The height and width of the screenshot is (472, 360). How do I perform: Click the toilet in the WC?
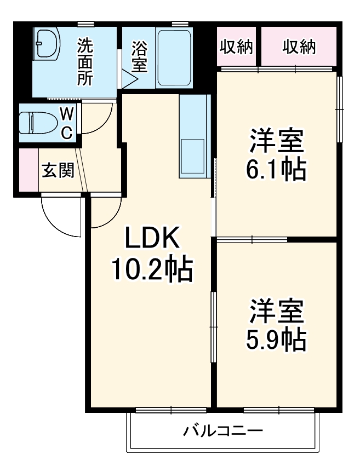tap(35, 123)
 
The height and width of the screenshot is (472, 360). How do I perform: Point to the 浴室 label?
tap(139, 57)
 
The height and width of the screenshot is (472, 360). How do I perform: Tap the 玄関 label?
tap(58, 171)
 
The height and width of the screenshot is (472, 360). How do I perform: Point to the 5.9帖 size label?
tap(276, 341)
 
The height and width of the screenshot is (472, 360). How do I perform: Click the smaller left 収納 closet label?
tap(237, 48)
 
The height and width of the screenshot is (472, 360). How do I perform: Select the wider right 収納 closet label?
tap(299, 48)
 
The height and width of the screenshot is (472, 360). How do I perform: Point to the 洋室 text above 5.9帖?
tap(276, 312)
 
